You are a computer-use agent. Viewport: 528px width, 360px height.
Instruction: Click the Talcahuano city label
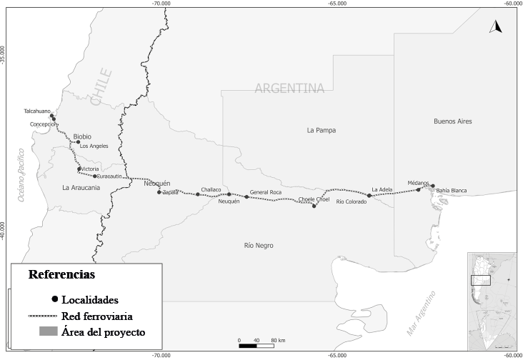click(37, 111)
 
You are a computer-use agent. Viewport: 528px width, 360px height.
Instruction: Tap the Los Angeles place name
click(94, 146)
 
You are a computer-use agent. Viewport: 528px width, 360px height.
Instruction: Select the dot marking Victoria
click(79, 169)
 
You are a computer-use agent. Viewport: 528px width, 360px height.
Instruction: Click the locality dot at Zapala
click(159, 192)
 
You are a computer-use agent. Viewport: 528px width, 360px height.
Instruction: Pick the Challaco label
click(211, 189)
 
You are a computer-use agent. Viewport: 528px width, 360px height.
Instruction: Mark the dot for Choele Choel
click(314, 206)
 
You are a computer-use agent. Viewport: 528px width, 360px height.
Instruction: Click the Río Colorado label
click(351, 201)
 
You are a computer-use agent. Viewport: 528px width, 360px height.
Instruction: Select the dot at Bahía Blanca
click(433, 186)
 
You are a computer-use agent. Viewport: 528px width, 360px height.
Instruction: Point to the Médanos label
click(419, 182)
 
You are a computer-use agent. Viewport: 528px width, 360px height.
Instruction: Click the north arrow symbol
click(495, 27)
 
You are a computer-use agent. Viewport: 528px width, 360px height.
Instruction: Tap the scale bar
click(257, 346)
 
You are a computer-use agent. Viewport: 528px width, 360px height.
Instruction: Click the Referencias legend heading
click(61, 274)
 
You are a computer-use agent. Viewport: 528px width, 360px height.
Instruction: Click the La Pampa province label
click(321, 131)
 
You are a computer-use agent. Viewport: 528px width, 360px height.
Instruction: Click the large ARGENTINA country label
click(289, 89)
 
